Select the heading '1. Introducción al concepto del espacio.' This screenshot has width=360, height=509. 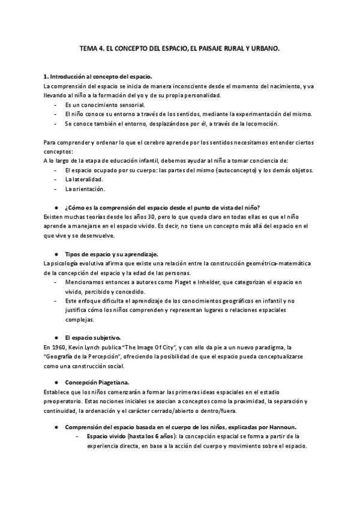click(x=98, y=77)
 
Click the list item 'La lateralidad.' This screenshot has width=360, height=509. click(x=83, y=179)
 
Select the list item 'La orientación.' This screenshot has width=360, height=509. click(x=85, y=189)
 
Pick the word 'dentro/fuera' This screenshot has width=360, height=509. click(x=218, y=411)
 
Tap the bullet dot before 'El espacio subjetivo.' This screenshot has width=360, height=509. click(x=55, y=337)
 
